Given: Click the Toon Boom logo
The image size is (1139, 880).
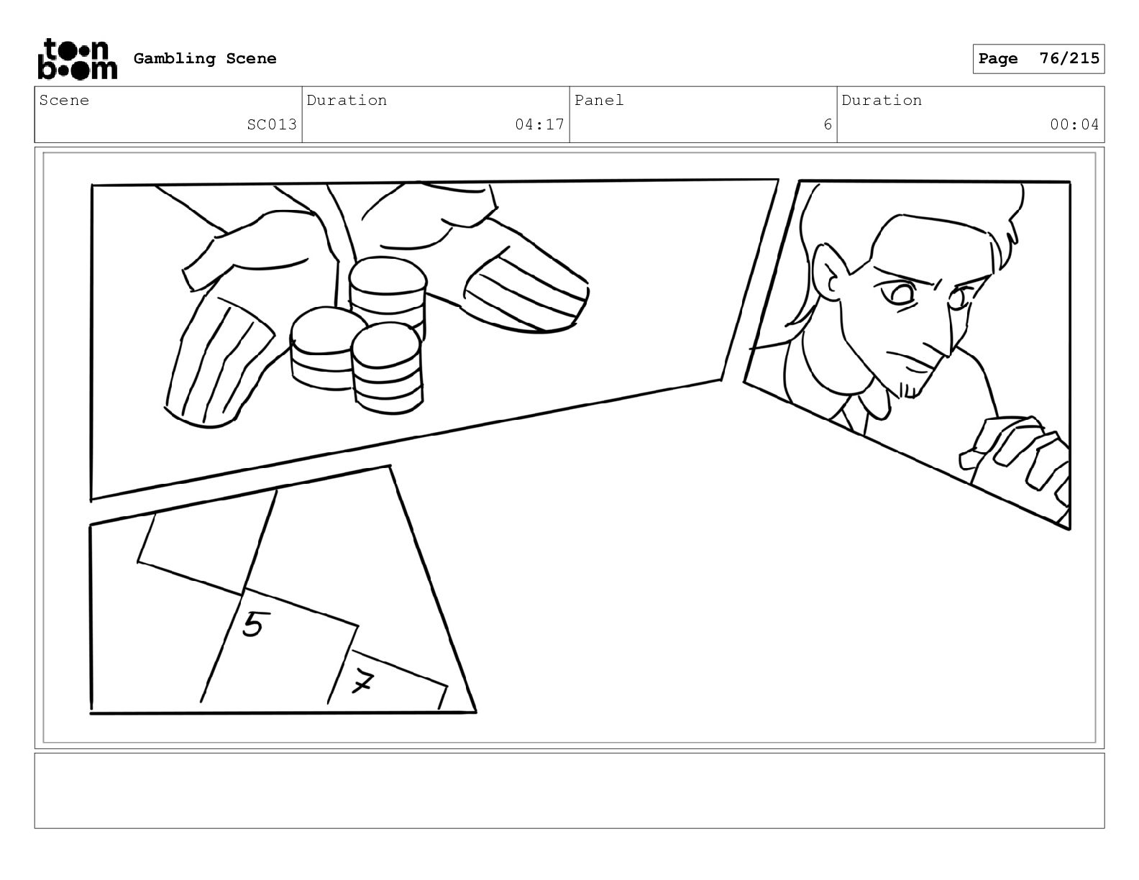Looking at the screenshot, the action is coord(78,59).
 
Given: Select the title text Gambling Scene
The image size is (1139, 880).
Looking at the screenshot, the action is coord(205,58).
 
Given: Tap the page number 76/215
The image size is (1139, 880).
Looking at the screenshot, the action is coord(1069,58).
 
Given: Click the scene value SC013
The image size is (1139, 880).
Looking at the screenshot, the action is coord(272,124).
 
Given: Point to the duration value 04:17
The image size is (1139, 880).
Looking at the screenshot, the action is coord(539,124).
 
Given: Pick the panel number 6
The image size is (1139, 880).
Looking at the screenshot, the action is coord(828,124).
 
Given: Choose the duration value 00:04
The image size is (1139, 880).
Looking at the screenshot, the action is coord(1074,124).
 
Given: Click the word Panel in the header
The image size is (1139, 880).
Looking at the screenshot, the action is coord(599,100).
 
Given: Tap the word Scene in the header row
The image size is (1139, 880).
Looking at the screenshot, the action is coord(64,100).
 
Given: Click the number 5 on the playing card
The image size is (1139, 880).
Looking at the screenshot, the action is coord(253,624).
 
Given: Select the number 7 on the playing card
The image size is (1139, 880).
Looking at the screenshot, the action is coord(362,682).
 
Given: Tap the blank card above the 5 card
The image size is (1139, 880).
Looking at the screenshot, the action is coord(207,542).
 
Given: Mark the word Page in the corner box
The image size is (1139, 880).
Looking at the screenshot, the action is coord(998,58).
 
